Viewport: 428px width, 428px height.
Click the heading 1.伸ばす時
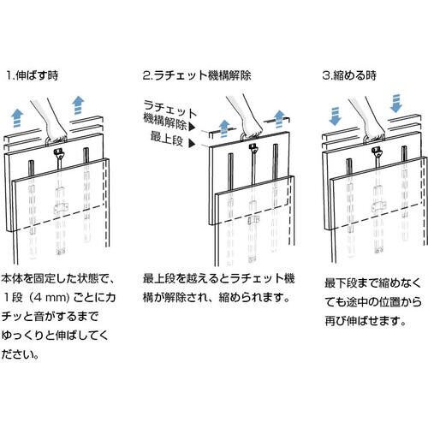click(33, 75)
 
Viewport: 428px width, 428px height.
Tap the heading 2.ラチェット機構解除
click(197, 75)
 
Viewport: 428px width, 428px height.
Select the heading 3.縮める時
click(349, 75)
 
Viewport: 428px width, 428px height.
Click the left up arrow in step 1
click(17, 118)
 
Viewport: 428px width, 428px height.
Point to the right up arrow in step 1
click(78, 105)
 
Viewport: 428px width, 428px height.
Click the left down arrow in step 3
click(335, 116)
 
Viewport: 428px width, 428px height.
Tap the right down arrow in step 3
click(395, 104)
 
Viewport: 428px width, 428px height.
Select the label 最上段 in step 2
click(167, 138)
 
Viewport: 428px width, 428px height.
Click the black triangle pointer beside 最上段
click(192, 144)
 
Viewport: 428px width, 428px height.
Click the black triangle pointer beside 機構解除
click(193, 127)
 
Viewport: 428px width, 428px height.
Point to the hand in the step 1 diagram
click(51, 119)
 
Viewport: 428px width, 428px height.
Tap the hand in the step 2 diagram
click(246, 116)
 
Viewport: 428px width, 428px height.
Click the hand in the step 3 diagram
click(368, 119)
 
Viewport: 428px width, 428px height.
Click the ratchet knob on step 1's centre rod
click(60, 152)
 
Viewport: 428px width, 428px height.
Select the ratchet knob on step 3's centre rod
click(377, 152)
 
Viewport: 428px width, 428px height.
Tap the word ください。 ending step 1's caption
click(20, 354)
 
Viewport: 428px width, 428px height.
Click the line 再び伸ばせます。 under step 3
click(366, 321)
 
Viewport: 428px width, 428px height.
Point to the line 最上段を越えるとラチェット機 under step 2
click(218, 279)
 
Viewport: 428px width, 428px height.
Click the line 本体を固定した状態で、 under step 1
click(58, 278)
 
